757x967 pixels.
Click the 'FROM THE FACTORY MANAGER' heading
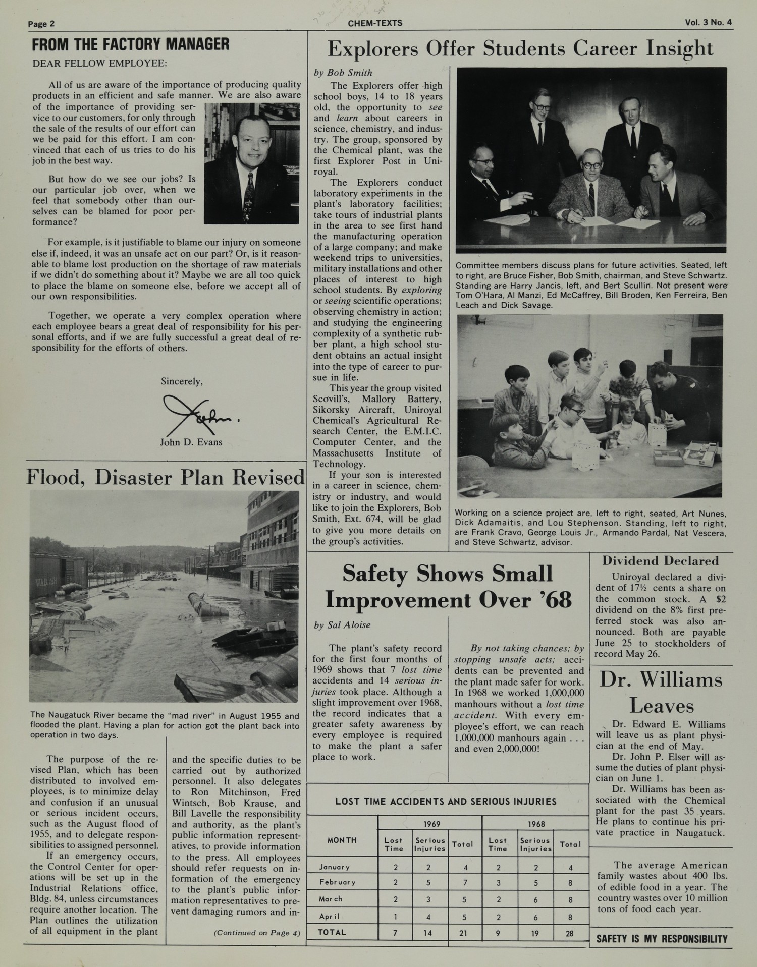click(x=131, y=45)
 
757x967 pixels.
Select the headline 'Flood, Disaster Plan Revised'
click(x=166, y=477)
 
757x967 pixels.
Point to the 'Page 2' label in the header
click(x=41, y=24)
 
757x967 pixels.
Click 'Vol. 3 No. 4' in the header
click(x=708, y=22)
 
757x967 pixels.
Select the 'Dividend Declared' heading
click(x=660, y=560)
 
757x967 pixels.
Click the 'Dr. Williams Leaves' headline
click(x=661, y=693)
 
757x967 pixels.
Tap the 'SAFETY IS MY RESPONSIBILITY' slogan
click(x=662, y=939)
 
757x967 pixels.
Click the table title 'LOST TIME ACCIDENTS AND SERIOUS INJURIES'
click(x=446, y=802)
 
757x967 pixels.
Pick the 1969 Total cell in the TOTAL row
click(x=463, y=933)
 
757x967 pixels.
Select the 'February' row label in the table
click(x=337, y=882)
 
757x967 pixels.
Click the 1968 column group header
click(x=536, y=824)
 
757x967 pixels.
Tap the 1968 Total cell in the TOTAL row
click(x=569, y=933)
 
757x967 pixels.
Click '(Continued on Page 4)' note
click(x=257, y=933)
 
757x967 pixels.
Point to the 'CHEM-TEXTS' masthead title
click(x=375, y=23)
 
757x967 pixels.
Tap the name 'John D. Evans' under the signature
click(x=191, y=442)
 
